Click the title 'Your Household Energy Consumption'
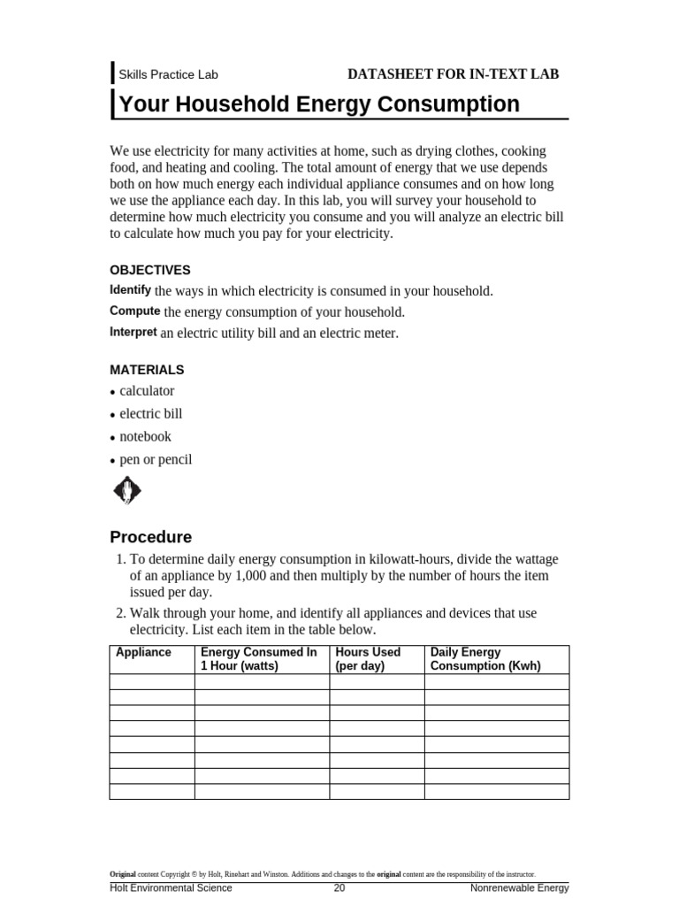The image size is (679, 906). click(319, 104)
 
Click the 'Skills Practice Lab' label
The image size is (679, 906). click(168, 75)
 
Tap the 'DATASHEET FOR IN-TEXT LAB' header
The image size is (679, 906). click(453, 74)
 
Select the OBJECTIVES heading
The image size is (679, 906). click(149, 270)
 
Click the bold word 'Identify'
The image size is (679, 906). click(130, 290)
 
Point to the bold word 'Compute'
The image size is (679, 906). click(134, 311)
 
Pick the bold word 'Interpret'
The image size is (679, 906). click(134, 333)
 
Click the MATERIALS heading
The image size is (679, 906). click(147, 369)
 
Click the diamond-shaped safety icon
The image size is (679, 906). click(127, 490)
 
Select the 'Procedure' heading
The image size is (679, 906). click(150, 537)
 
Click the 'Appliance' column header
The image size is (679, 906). click(143, 653)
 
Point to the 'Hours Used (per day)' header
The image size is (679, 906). click(368, 659)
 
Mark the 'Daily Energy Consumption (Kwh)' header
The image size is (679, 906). click(484, 659)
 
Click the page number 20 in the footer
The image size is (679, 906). click(339, 888)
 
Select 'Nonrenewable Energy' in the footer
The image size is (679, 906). click(519, 888)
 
